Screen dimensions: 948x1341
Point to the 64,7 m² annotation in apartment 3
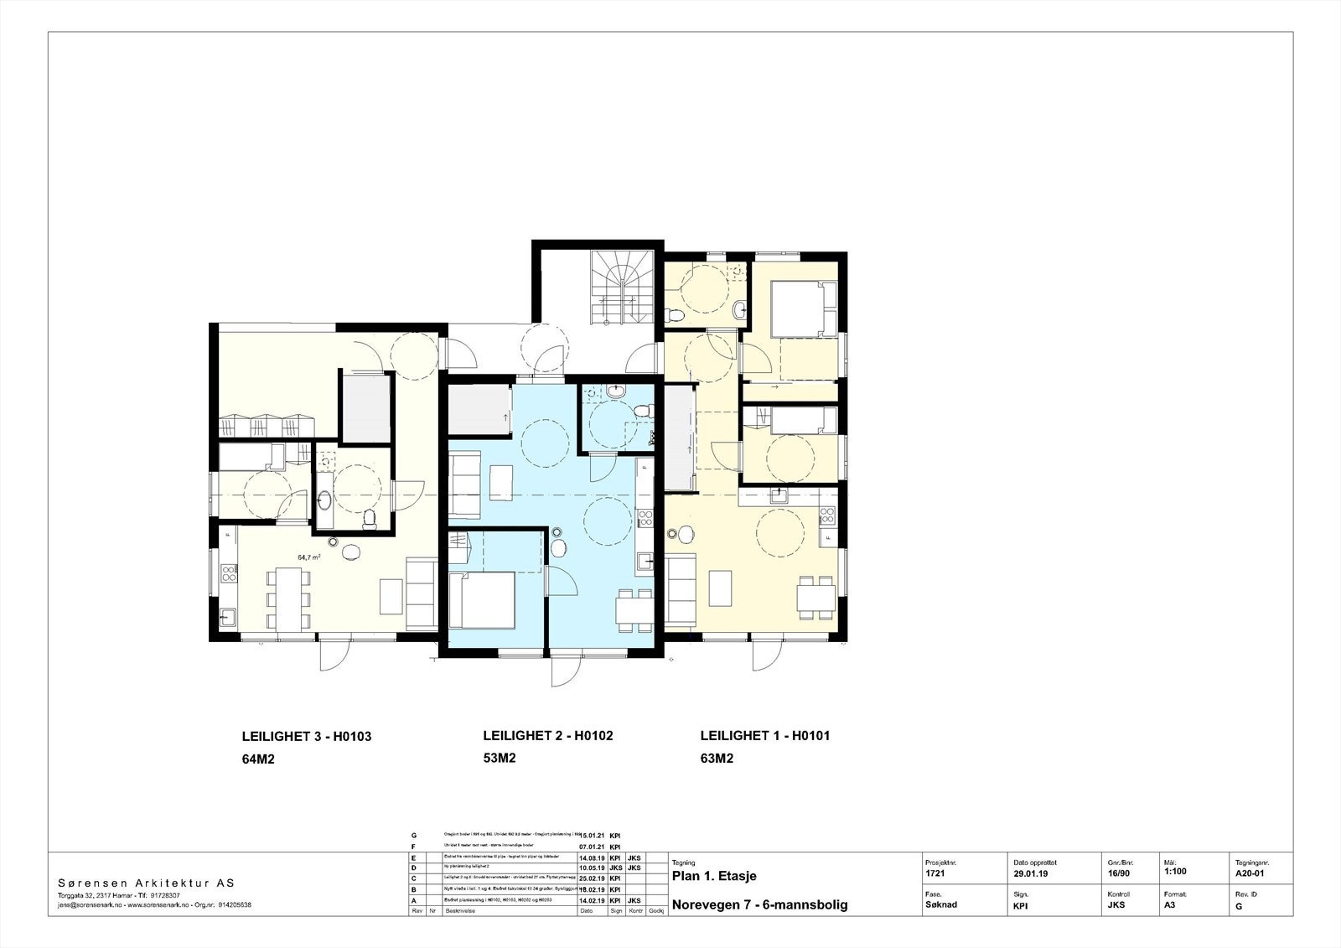[x=309, y=556]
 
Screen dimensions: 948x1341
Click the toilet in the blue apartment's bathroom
[x=642, y=412]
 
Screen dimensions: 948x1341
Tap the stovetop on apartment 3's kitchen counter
[x=228, y=573]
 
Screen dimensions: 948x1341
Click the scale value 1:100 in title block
[x=1175, y=871]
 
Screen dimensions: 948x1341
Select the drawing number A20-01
[x=1249, y=872]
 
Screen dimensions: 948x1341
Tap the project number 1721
[x=935, y=873]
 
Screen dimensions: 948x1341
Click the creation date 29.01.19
[x=1030, y=873]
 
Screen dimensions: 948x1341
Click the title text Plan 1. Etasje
[x=714, y=876]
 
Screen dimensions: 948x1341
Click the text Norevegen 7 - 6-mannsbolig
[x=759, y=904]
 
